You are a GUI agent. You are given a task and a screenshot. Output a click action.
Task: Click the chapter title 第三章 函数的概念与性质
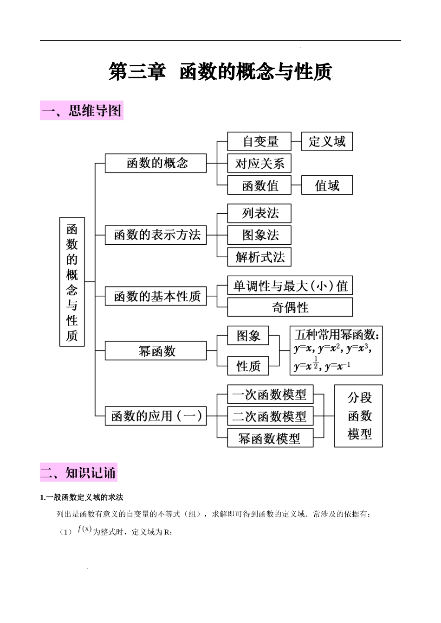point(220,72)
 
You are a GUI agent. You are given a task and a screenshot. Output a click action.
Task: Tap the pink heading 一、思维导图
point(82,111)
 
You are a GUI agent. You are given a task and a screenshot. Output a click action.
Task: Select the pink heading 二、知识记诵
point(78,472)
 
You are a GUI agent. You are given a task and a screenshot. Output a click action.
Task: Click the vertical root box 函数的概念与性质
point(72,281)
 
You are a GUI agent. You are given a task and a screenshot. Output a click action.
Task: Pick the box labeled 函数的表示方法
point(156,235)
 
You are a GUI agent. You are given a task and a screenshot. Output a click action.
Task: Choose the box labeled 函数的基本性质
point(156,296)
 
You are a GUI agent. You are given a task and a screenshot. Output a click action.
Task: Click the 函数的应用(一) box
point(156,416)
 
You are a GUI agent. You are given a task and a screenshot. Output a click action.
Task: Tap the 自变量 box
point(259,141)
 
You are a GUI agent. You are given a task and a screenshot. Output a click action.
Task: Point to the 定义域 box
point(327,141)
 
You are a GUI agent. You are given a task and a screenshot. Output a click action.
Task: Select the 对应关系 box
point(259,163)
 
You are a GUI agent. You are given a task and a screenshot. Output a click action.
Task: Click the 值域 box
point(327,185)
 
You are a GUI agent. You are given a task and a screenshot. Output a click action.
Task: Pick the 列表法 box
point(259,213)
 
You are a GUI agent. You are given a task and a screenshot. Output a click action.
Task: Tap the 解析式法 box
point(259,257)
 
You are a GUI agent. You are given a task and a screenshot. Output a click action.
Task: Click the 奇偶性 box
point(290,307)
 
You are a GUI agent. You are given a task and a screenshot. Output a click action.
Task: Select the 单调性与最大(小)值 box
point(290,286)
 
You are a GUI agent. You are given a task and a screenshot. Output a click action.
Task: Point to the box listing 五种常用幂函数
point(336,351)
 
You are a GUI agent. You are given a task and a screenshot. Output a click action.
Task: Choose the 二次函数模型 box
point(270,416)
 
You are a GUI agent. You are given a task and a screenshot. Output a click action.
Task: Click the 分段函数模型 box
point(358,416)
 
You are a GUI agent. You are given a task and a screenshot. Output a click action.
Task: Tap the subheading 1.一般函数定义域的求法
point(82,497)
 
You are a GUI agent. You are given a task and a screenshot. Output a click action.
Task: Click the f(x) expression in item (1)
point(84,529)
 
